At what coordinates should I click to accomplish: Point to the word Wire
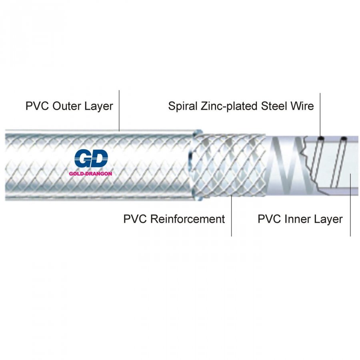pyautogui.click(x=303, y=106)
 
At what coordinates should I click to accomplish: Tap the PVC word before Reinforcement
pyautogui.click(x=135, y=219)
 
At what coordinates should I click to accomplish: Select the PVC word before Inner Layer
pyautogui.click(x=270, y=219)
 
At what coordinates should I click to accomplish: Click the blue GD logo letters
pyautogui.click(x=91, y=160)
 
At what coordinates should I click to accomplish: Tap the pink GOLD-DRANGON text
pyautogui.click(x=90, y=174)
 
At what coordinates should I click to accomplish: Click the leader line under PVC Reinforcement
pyautogui.click(x=232, y=216)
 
